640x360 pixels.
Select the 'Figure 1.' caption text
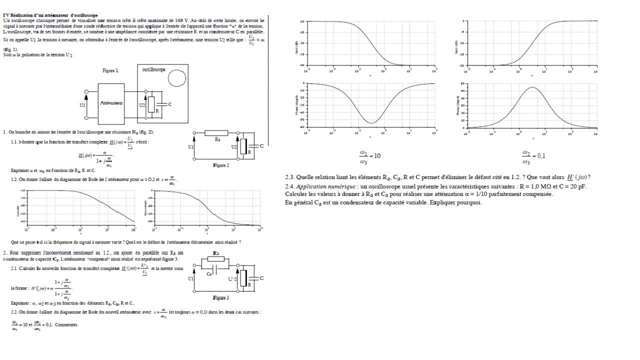tap(110, 71)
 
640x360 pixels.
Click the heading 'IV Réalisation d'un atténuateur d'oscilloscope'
tap(50, 16)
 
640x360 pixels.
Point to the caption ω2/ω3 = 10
tap(370, 155)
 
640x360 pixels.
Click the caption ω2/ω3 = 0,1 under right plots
tap(533, 155)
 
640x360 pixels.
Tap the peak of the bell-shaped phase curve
tap(531, 87)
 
